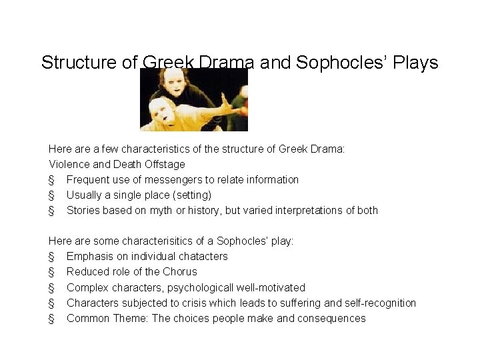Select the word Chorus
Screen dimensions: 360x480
[180, 271]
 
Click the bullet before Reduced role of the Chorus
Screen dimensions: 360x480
[51, 272]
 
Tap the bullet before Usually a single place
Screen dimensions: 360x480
[51, 195]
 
